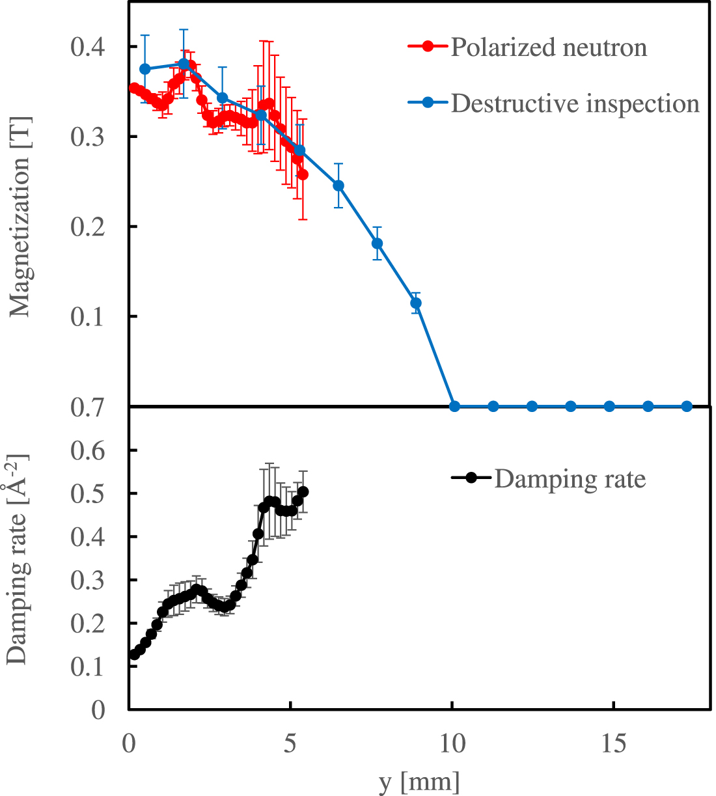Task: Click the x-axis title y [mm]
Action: point(419,780)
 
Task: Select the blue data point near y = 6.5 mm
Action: point(338,185)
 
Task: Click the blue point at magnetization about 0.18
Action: point(377,243)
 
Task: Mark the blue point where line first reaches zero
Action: point(455,406)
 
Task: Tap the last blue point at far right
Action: point(686,406)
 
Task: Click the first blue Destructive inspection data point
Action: point(145,69)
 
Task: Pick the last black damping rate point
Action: point(303,492)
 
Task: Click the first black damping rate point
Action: point(135,655)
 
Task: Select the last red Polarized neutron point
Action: point(303,175)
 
